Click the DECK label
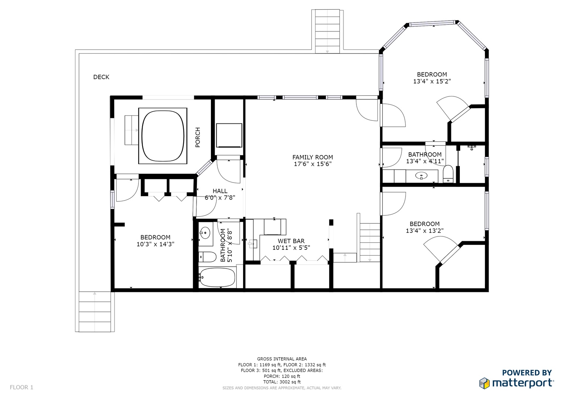tap(101, 77)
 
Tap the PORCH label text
tap(198, 137)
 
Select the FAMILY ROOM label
tap(312, 157)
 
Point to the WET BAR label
tap(291, 241)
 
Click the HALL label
tap(220, 191)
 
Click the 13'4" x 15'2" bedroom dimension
tap(432, 81)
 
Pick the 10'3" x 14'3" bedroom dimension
tap(155, 244)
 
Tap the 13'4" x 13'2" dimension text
tap(424, 231)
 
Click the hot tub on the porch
tap(163, 136)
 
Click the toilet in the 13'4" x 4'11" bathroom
tap(448, 174)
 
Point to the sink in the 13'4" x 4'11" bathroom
tap(421, 175)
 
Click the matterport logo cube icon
tap(484, 383)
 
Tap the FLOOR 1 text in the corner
tap(21, 387)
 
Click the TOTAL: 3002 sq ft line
tap(282, 382)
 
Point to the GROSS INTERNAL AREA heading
tap(282, 359)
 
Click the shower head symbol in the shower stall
tap(472, 147)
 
